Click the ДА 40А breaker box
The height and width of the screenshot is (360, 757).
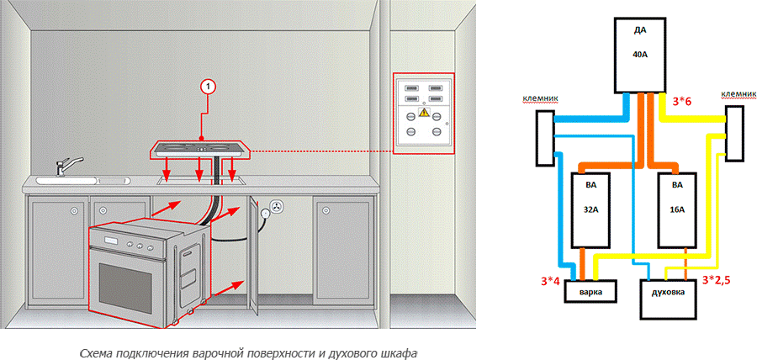pyautogui.click(x=639, y=56)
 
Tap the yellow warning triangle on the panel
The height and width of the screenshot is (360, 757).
pyautogui.click(x=424, y=111)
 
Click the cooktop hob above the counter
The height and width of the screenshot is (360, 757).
pyautogui.click(x=201, y=151)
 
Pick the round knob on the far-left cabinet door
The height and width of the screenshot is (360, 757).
pyautogui.click(x=76, y=209)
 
